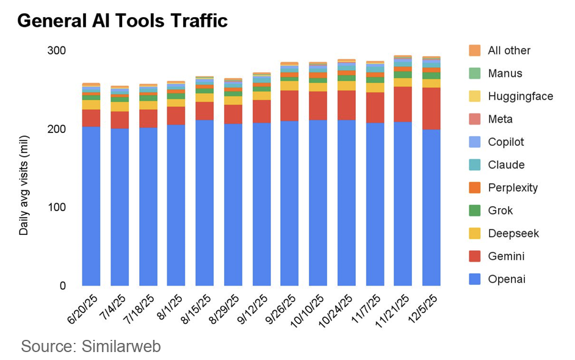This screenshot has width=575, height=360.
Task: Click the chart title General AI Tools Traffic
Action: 122,21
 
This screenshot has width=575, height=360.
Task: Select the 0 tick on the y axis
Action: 62,286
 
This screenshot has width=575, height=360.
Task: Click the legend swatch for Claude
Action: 475,165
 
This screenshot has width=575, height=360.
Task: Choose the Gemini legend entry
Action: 506,256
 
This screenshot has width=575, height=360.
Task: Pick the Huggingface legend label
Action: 520,96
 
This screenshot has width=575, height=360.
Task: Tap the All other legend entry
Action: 509,51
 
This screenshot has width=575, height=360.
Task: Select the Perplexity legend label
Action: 513,187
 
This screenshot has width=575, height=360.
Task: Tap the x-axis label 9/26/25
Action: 283,309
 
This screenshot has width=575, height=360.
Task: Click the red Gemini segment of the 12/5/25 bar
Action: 431,109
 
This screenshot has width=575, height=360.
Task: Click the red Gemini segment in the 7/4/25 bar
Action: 120,120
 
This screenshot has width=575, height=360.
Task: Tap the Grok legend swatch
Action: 475,211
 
